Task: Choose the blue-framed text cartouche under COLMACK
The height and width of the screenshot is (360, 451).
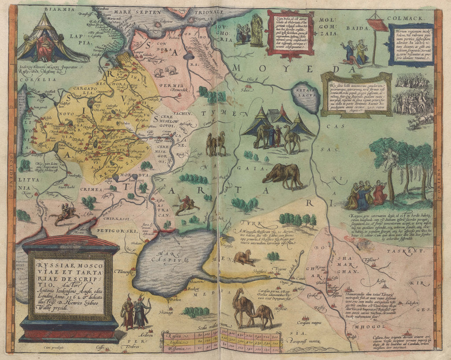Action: tap(410, 45)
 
